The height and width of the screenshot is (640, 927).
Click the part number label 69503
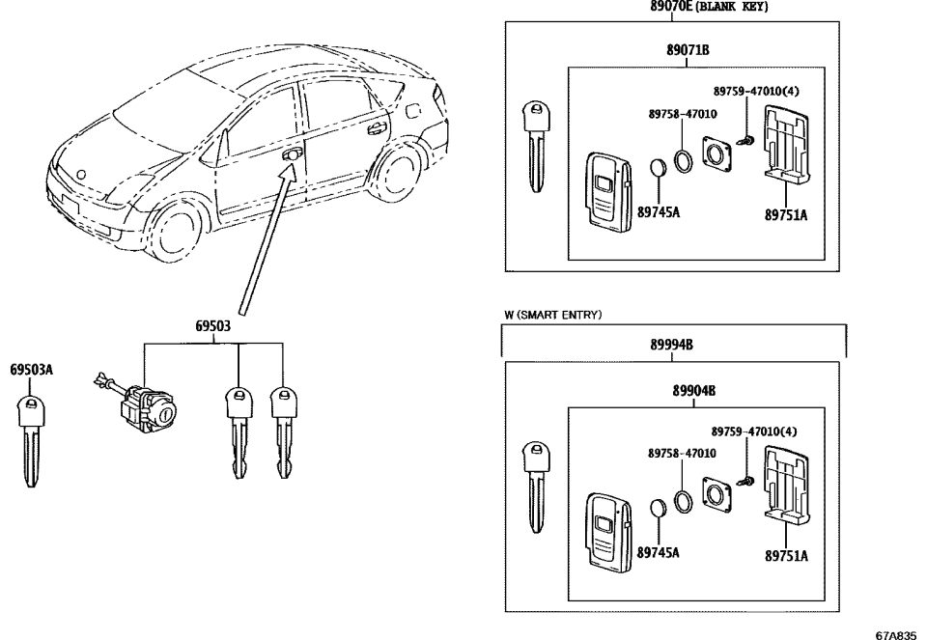[x=212, y=327]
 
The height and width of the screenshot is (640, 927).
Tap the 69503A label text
[x=32, y=370]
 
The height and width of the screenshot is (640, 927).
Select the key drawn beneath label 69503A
[x=33, y=439]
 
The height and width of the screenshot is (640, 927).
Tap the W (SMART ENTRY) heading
[x=553, y=315]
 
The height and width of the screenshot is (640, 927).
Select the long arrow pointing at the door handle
[x=266, y=241]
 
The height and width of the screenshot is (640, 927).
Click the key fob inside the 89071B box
[x=606, y=188]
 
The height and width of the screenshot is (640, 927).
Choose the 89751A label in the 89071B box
[x=786, y=214]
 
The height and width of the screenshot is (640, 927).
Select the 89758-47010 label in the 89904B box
[x=682, y=452]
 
